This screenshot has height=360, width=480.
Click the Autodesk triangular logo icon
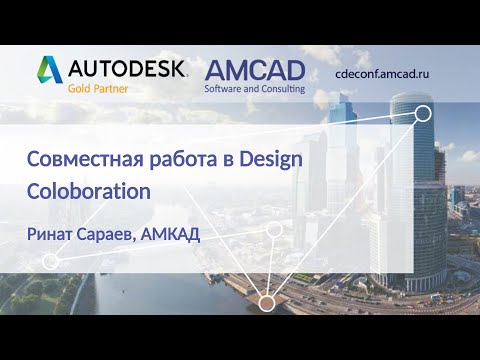pos(50,69)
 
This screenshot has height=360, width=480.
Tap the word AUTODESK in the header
pos(127,68)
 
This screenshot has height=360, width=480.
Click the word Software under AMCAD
pos(227,88)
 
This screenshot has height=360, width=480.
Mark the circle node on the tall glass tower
pos(422,113)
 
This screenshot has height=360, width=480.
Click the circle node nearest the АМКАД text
pos(275,230)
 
